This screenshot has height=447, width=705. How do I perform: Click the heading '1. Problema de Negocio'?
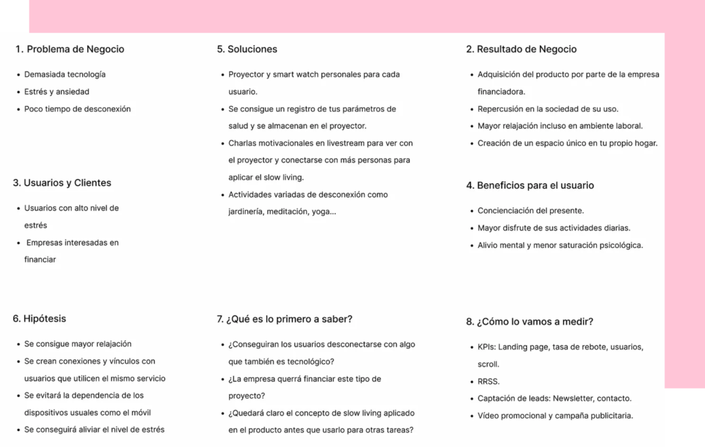pyautogui.click(x=70, y=50)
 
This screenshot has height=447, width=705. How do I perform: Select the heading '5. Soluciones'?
pyautogui.click(x=247, y=50)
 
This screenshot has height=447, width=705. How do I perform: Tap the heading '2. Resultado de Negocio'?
pyautogui.click(x=521, y=50)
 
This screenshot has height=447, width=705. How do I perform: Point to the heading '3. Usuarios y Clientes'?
pyautogui.click(x=62, y=183)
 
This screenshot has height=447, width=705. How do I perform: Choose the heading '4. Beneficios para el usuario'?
pyautogui.click(x=530, y=185)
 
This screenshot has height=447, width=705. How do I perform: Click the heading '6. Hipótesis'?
pyautogui.click(x=39, y=319)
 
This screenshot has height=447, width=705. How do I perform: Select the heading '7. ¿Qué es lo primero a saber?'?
pyautogui.click(x=285, y=319)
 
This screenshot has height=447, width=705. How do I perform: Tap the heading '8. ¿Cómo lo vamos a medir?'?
pyautogui.click(x=529, y=322)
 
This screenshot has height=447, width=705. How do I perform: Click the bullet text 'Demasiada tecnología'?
pyautogui.click(x=65, y=74)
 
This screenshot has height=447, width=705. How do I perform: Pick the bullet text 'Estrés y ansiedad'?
pyautogui.click(x=56, y=92)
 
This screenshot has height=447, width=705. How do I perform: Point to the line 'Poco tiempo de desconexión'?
pyautogui.click(x=77, y=109)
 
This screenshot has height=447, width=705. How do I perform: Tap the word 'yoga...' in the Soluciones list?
pyautogui.click(x=324, y=211)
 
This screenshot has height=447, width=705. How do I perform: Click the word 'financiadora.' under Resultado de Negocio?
pyautogui.click(x=501, y=92)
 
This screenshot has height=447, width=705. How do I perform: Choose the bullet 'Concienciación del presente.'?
pyautogui.click(x=531, y=211)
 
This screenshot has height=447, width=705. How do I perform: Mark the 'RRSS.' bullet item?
pyautogui.click(x=489, y=381)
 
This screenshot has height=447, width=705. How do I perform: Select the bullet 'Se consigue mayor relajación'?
pyautogui.click(x=78, y=344)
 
